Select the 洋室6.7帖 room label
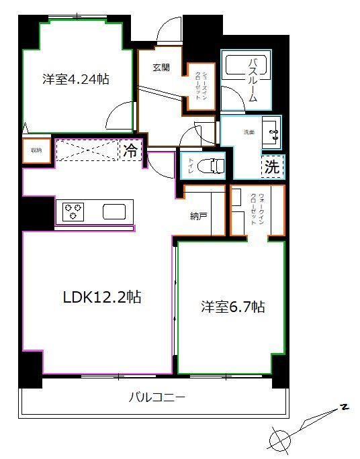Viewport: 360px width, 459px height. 232,307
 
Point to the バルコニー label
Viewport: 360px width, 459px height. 156,397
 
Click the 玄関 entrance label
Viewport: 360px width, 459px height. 161,67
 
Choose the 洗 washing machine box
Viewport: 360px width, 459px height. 272,167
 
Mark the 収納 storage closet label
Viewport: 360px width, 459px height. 36,150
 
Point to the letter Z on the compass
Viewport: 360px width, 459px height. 344,407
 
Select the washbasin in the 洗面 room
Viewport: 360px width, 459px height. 273,132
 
